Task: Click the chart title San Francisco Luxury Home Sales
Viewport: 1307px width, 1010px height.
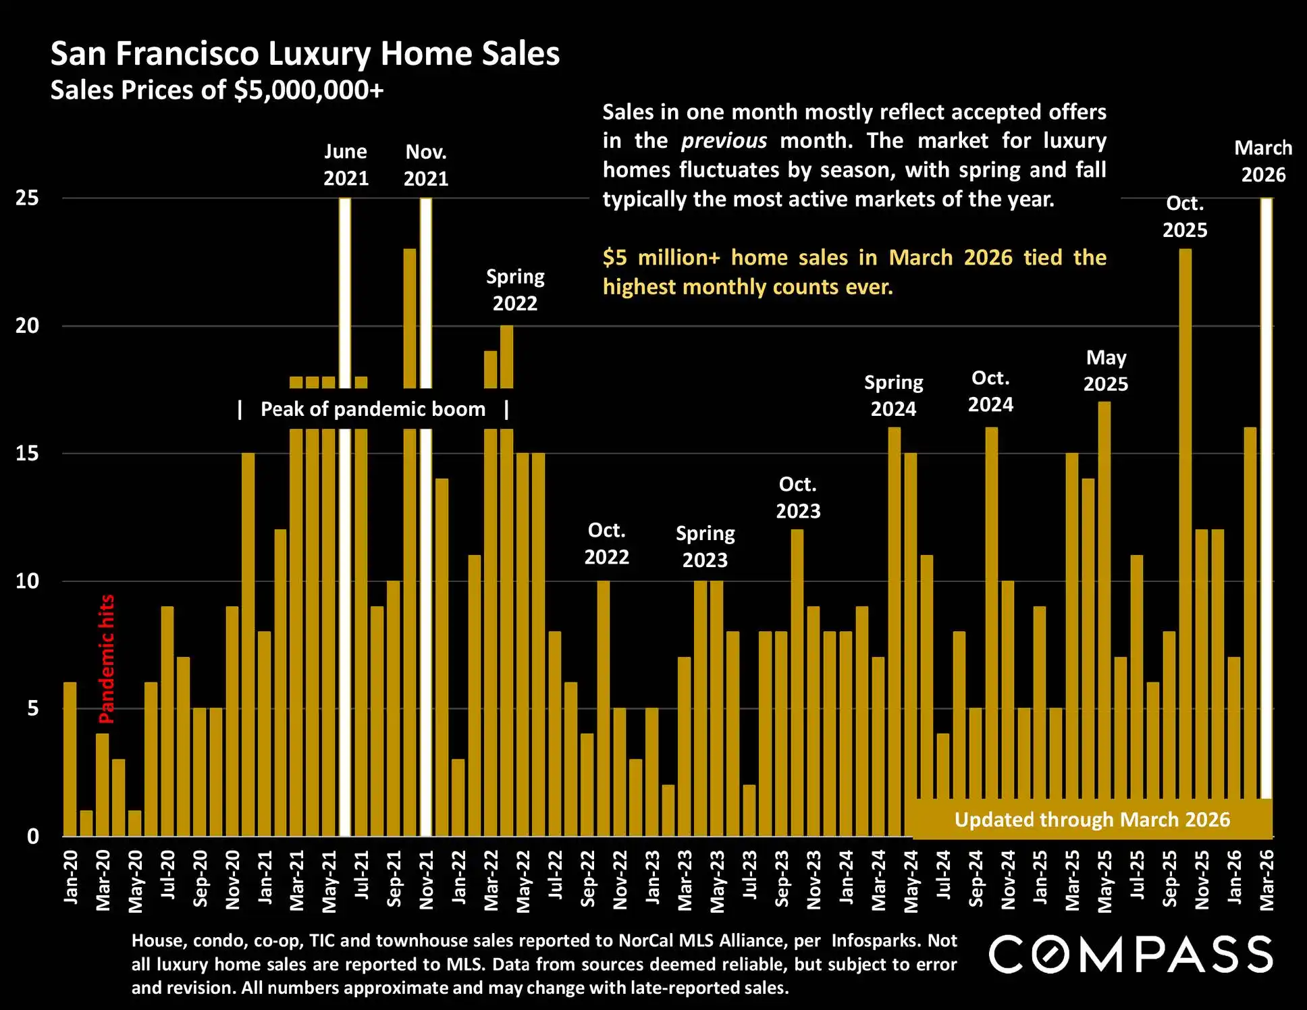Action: click(305, 54)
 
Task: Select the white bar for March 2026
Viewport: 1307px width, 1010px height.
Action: click(1266, 500)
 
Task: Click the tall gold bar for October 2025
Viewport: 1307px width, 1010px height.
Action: click(1185, 540)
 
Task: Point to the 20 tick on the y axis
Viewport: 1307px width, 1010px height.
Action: click(28, 326)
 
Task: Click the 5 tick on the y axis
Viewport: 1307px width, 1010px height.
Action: click(32, 709)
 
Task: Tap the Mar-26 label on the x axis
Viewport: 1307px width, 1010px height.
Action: click(1267, 880)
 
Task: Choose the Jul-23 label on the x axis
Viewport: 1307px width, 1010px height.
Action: click(750, 875)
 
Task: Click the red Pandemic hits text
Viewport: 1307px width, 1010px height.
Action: click(107, 659)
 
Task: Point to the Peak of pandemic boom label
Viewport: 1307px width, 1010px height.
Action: click(373, 409)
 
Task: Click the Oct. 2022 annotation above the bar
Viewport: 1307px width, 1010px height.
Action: click(606, 543)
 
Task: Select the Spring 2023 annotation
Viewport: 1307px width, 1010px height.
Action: click(705, 547)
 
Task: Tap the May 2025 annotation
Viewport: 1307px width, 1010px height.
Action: click(1106, 371)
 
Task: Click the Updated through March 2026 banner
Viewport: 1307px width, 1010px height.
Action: click(1092, 820)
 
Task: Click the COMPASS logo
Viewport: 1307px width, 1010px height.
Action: click(1131, 954)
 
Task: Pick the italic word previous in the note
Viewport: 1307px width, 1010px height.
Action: click(724, 141)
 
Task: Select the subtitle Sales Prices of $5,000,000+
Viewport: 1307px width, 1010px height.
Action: click(217, 90)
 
